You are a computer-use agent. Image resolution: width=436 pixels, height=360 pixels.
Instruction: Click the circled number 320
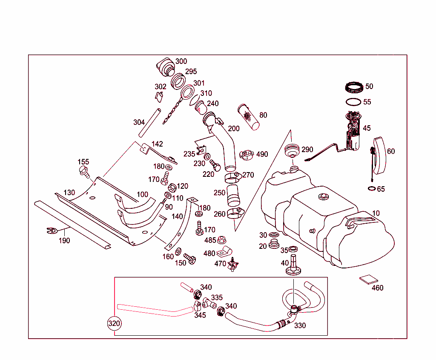point(114,323)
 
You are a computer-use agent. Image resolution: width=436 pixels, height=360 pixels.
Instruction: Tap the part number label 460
point(377,288)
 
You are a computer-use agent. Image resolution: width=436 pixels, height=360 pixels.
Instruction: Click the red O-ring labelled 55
point(353,102)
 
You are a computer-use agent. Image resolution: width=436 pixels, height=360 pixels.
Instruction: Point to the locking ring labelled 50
point(354,87)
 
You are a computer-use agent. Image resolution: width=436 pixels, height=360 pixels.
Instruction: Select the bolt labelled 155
point(84,172)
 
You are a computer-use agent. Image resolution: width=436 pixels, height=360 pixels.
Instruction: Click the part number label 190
point(64,241)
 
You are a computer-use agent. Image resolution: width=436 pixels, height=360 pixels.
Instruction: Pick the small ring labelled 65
point(371,188)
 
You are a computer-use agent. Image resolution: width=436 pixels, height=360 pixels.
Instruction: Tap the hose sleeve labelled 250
point(233,195)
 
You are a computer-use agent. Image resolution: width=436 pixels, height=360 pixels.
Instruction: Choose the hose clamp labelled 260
point(235,213)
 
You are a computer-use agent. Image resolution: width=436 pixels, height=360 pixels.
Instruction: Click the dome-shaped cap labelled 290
point(292,151)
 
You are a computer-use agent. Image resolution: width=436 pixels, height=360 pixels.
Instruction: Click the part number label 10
point(376,213)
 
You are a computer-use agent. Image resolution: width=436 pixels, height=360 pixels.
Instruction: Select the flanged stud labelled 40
point(293,267)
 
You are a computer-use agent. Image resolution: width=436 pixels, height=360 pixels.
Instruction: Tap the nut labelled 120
point(172,187)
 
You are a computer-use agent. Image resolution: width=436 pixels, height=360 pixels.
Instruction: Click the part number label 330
point(300,325)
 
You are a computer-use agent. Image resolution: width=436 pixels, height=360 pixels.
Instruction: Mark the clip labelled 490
point(247,155)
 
